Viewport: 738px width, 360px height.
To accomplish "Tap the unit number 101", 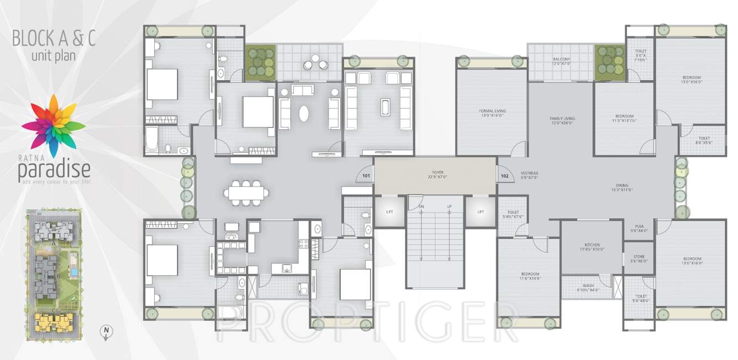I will [366, 177].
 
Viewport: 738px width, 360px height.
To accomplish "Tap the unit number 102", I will [504, 177].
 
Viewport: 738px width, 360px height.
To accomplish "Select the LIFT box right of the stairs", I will [481, 211].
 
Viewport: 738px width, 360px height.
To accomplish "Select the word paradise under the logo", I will [54, 171].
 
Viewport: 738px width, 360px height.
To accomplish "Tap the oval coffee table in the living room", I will [304, 113].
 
